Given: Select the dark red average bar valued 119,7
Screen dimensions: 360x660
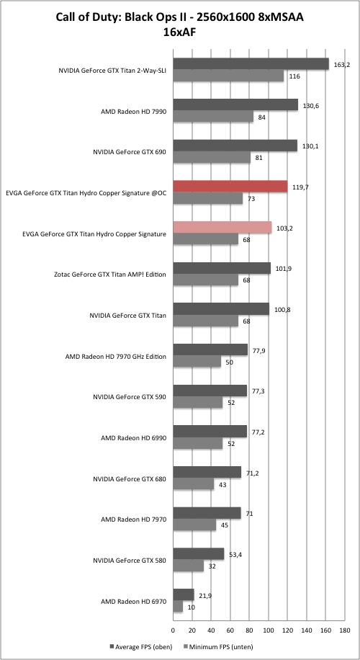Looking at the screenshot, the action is click(x=230, y=186).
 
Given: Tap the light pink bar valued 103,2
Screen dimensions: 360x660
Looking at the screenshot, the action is click(x=222, y=227).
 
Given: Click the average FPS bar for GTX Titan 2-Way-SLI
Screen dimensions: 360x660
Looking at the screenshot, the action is click(x=251, y=63).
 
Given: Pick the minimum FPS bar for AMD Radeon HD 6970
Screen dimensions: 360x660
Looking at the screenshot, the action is click(x=178, y=607).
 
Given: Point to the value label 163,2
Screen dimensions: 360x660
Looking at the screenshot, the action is click(x=342, y=65).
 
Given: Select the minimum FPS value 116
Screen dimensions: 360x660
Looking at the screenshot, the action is click(x=294, y=76).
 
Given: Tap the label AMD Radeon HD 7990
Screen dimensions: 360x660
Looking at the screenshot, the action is click(x=133, y=112).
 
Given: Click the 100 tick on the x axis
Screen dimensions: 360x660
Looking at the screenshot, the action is click(x=269, y=630).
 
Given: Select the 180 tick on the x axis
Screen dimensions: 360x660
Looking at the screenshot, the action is click(x=344, y=630).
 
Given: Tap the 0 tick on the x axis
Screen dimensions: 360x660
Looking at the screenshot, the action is click(x=173, y=630).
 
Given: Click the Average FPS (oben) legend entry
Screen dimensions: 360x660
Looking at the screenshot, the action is click(x=139, y=646).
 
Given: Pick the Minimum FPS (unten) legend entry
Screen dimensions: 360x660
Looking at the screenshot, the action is click(x=217, y=646).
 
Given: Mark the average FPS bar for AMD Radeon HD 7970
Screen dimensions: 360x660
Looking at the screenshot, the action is click(x=207, y=513).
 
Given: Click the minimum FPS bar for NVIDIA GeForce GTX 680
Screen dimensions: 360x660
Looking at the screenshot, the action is click(x=194, y=484).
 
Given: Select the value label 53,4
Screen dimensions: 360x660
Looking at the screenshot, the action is click(x=235, y=554).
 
